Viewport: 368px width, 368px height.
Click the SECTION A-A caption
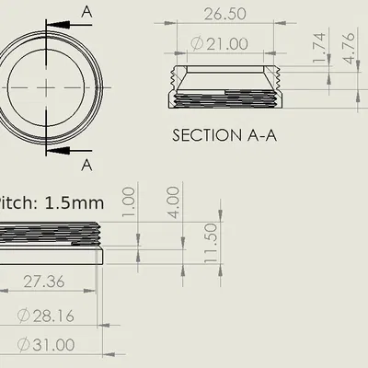225,134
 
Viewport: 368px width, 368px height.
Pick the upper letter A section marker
87,11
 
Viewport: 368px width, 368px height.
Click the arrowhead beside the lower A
55,149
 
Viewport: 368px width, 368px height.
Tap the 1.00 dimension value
129,199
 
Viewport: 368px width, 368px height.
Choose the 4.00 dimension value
173,199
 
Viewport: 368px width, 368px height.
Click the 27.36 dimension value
42,282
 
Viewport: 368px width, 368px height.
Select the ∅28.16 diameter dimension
47,316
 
